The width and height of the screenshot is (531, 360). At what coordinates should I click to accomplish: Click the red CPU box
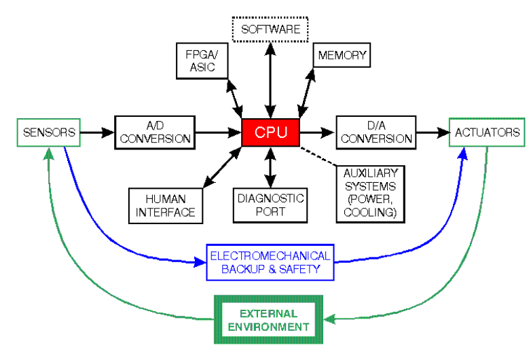(271, 132)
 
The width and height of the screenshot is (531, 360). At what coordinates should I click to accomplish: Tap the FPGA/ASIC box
(198, 60)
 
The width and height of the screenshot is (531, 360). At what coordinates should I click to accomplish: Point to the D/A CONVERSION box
(376, 132)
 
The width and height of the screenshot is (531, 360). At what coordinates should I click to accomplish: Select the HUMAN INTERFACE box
(165, 205)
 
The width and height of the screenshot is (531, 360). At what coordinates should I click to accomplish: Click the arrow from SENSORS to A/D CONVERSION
(97, 132)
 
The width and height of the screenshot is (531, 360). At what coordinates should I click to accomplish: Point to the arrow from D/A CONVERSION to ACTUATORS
(431, 132)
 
